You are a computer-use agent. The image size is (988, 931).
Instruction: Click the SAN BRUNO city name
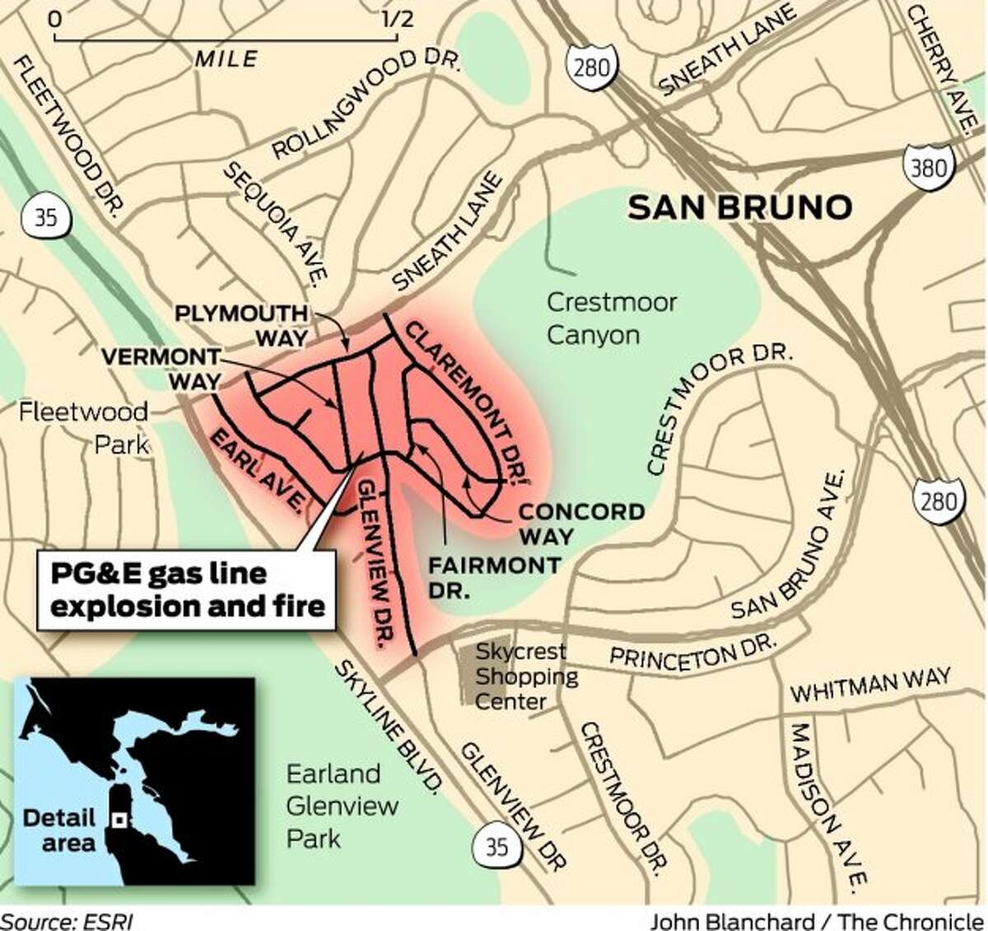(x=739, y=207)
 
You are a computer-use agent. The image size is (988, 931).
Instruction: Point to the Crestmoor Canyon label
(x=611, y=319)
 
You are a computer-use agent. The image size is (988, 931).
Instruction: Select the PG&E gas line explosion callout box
(x=188, y=590)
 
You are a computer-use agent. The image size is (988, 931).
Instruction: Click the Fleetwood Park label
(x=84, y=428)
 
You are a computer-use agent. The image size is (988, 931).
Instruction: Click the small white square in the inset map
(x=119, y=820)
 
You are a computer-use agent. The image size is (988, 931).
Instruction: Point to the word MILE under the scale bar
(x=226, y=58)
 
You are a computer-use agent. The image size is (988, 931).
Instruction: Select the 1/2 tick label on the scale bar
(x=397, y=18)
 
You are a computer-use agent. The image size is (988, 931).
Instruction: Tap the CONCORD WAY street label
(x=581, y=523)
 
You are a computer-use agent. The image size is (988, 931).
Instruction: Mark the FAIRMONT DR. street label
(x=494, y=577)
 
